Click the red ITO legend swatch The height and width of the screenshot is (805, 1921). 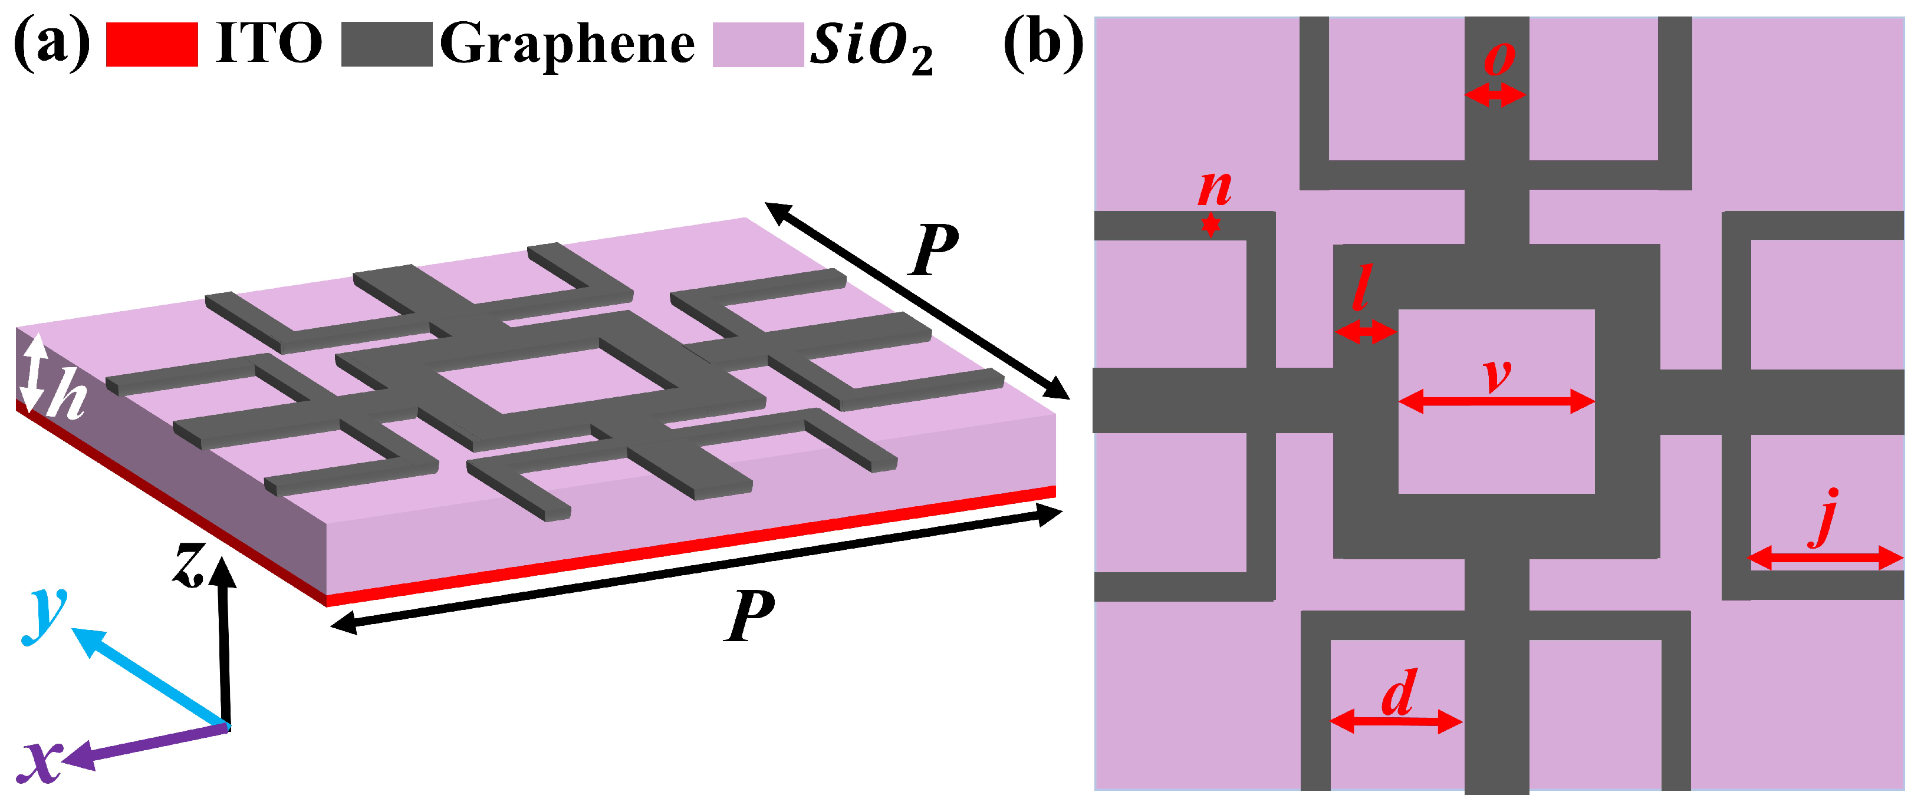pyautogui.click(x=152, y=45)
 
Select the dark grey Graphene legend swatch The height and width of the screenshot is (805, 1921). pyautogui.click(x=386, y=45)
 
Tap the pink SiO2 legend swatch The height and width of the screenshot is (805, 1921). pyautogui.click(x=758, y=45)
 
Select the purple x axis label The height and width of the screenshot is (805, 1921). pyautogui.click(x=41, y=762)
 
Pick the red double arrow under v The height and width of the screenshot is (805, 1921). pyautogui.click(x=1496, y=402)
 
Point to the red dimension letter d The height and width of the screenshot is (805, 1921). pyautogui.click(x=1398, y=693)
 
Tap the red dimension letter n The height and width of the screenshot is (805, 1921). pyautogui.click(x=1214, y=188)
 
